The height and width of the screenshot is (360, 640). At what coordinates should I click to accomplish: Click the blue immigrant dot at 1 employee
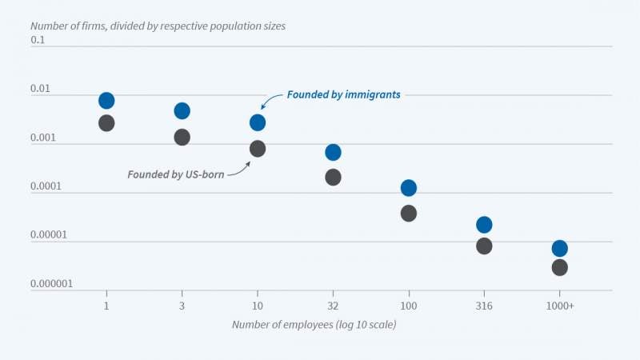point(106,101)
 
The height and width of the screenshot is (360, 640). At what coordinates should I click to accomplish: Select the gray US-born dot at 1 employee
point(106,123)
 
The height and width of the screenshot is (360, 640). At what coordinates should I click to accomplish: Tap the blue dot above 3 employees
point(182,110)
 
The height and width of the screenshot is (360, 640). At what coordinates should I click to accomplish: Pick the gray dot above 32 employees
point(333,177)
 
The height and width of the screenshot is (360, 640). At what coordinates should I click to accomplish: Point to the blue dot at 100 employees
point(409,188)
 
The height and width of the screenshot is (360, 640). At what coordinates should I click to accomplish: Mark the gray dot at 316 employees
point(484,246)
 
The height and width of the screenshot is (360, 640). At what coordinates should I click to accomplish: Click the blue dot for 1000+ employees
point(559,248)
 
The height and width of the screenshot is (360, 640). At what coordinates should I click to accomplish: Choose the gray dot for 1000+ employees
point(559,267)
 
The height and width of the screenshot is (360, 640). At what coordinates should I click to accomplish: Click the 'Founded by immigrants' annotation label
point(344,94)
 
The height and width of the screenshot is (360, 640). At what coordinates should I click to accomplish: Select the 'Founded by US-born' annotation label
point(175,174)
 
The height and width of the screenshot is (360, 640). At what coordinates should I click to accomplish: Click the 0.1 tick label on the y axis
point(39,39)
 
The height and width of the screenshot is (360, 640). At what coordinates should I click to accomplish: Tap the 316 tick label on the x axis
point(484,306)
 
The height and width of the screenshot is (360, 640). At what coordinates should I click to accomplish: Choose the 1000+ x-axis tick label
point(559,306)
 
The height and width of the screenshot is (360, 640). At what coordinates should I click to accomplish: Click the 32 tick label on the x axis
point(333,306)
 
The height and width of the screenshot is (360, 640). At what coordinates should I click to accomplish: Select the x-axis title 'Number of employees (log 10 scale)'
point(314,325)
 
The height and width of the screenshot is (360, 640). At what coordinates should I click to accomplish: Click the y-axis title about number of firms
point(158,26)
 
